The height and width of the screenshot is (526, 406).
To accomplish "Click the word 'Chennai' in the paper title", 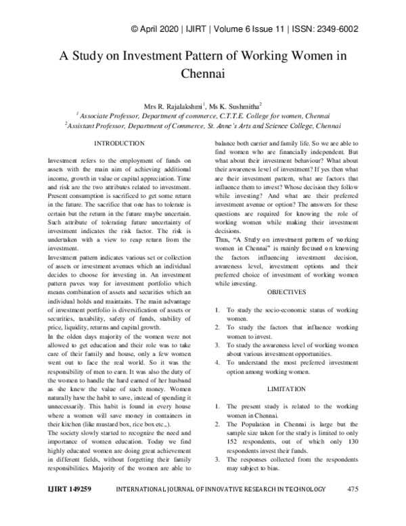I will click(202, 70).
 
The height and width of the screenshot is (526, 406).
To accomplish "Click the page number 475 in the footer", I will click(351, 508).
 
